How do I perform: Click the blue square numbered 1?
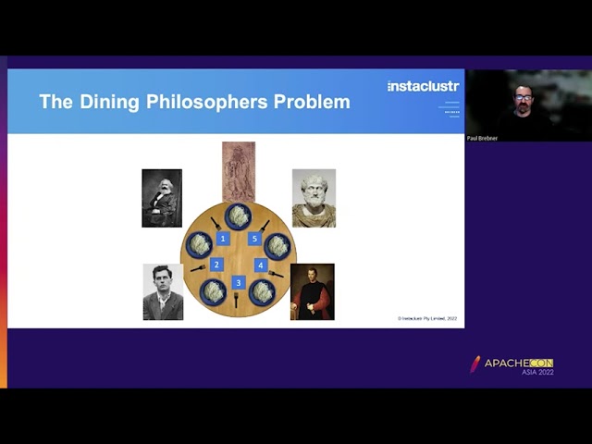(x=222, y=239)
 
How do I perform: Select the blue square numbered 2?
(x=216, y=265)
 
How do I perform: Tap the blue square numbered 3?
(x=239, y=282)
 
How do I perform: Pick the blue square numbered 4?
(x=261, y=265)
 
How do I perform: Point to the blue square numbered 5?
(x=254, y=239)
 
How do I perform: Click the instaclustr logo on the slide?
(x=423, y=86)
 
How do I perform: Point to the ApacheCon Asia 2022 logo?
(x=512, y=365)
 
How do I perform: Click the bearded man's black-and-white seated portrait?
(x=162, y=198)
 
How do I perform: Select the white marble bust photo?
(x=314, y=198)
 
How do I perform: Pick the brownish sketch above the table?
(x=239, y=171)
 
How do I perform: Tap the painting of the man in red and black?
(x=312, y=292)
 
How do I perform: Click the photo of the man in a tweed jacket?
(x=163, y=292)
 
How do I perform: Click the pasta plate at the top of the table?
(x=238, y=216)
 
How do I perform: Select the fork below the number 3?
(x=237, y=300)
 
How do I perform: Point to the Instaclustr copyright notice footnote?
(x=427, y=318)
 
